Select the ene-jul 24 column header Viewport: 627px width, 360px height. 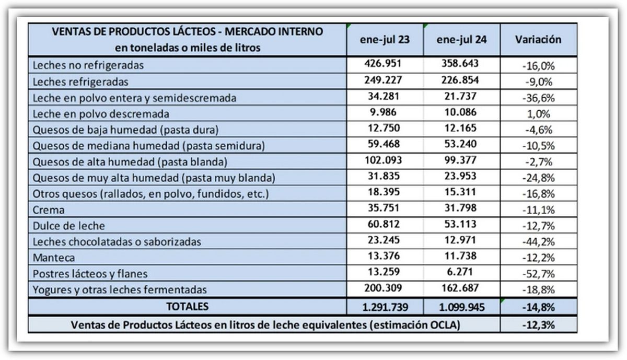(x=461, y=40)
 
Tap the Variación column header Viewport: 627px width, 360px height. (x=538, y=40)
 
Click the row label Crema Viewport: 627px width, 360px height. (x=49, y=210)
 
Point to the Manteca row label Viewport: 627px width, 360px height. (x=54, y=258)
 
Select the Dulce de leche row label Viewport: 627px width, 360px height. (x=68, y=226)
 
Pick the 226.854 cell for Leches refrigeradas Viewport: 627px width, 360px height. (x=460, y=80)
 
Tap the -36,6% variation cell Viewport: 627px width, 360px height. (x=538, y=98)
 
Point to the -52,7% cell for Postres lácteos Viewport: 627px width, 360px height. (x=538, y=274)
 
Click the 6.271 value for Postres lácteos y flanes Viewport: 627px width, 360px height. (x=460, y=272)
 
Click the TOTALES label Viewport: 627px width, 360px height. (x=187, y=306)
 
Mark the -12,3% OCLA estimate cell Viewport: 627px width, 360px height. (x=538, y=324)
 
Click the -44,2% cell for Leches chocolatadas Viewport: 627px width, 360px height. (x=538, y=242)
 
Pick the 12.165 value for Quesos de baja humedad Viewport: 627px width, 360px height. (x=460, y=129)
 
